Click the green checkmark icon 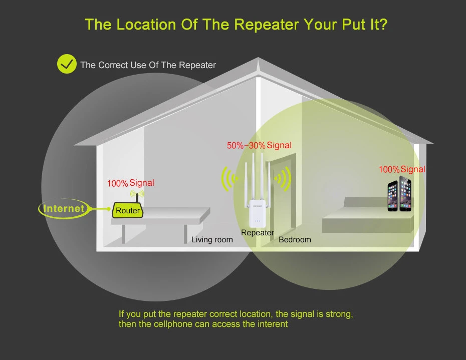click(x=67, y=64)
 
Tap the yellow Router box click(x=127, y=210)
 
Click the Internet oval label click(x=63, y=208)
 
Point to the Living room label click(x=212, y=240)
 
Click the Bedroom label click(x=295, y=240)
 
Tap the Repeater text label click(x=257, y=233)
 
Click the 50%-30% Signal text click(x=259, y=145)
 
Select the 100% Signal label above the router click(x=130, y=183)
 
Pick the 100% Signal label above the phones click(x=402, y=170)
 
